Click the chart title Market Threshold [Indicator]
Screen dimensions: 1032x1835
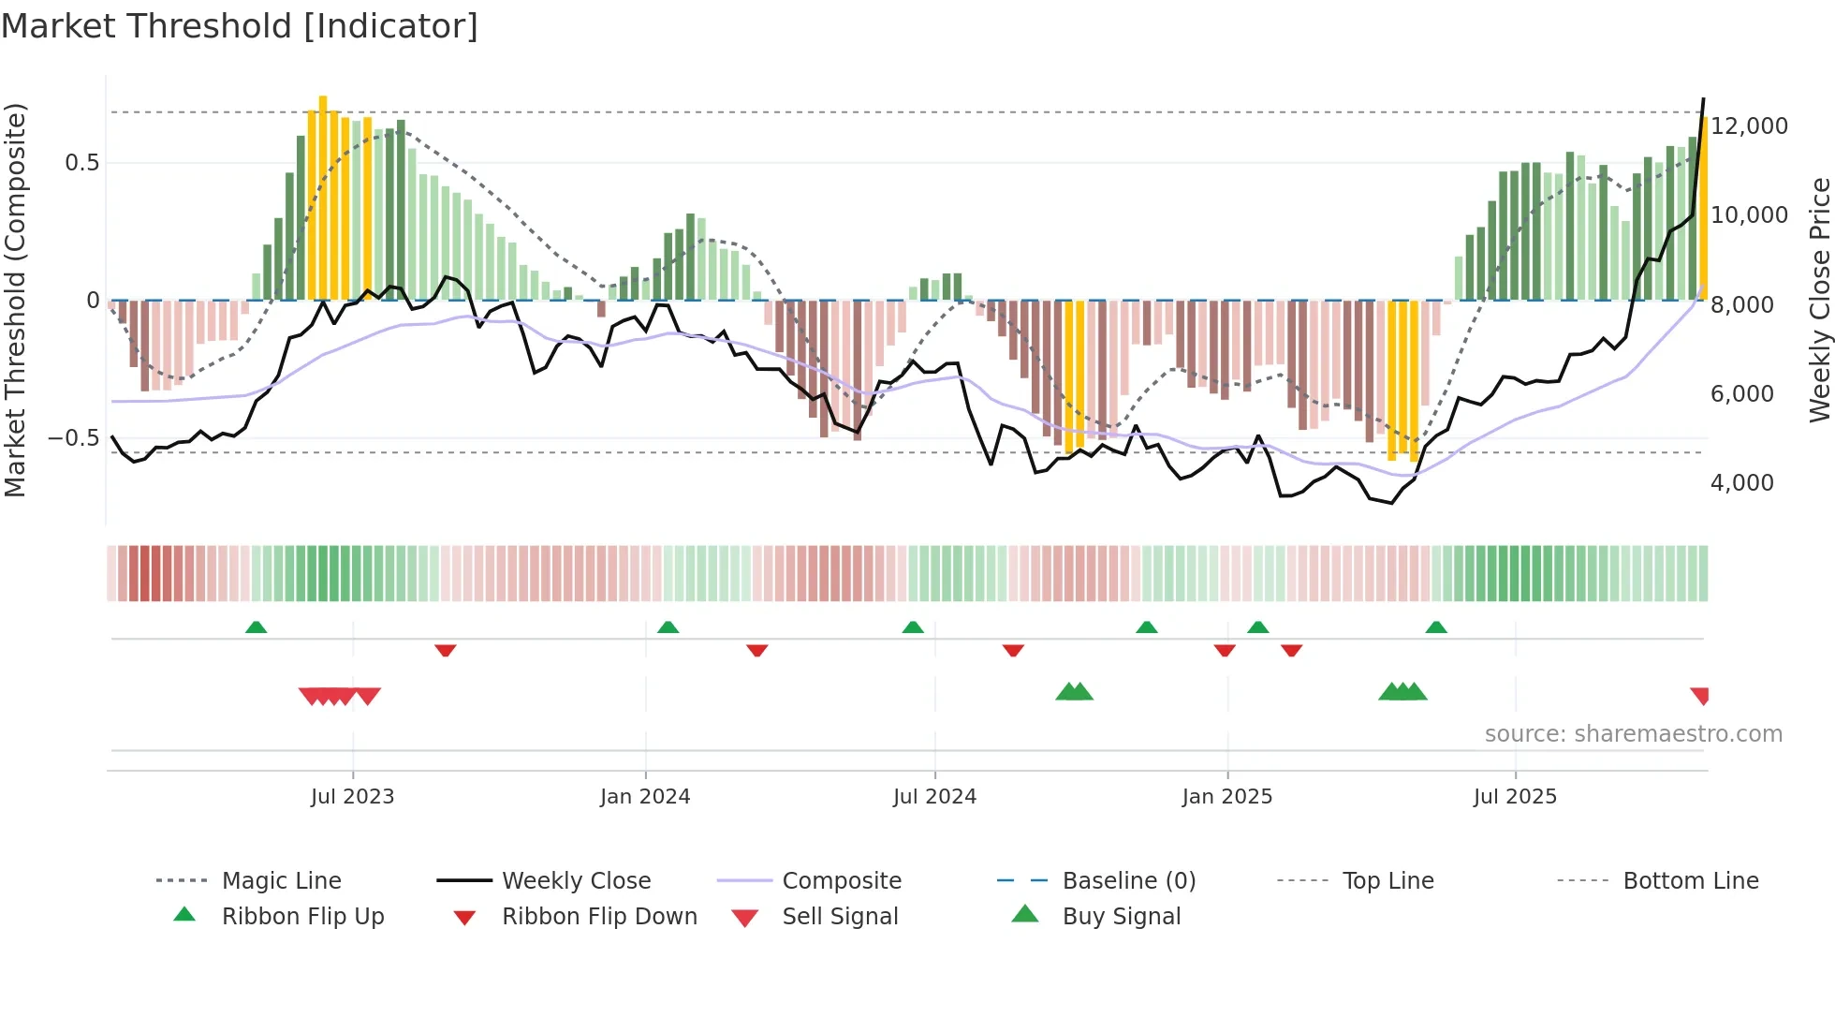[240, 26]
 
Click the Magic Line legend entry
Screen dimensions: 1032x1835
[281, 881]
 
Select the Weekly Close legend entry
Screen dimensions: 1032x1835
[576, 881]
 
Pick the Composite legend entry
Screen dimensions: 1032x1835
[841, 881]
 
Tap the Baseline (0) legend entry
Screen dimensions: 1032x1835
[1128, 881]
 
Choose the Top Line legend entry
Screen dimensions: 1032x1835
[1387, 881]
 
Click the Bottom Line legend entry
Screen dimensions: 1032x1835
[1690, 881]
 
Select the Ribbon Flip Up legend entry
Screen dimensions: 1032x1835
[302, 917]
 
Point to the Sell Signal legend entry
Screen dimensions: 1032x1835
[839, 917]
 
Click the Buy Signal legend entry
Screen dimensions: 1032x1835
[1121, 917]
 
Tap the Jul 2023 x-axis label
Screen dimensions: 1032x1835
[353, 797]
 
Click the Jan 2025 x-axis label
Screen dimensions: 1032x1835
[1226, 797]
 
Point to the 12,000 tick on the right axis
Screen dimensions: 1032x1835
[1748, 126]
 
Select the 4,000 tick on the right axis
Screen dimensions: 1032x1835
[1741, 483]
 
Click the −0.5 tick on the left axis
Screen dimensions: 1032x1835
[73, 438]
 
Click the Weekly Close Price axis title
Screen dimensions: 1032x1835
[1819, 300]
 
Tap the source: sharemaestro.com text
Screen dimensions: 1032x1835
[1633, 734]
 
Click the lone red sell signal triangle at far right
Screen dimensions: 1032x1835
[1700, 695]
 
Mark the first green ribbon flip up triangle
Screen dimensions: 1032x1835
[256, 627]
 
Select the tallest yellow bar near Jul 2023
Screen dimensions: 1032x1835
[323, 197]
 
